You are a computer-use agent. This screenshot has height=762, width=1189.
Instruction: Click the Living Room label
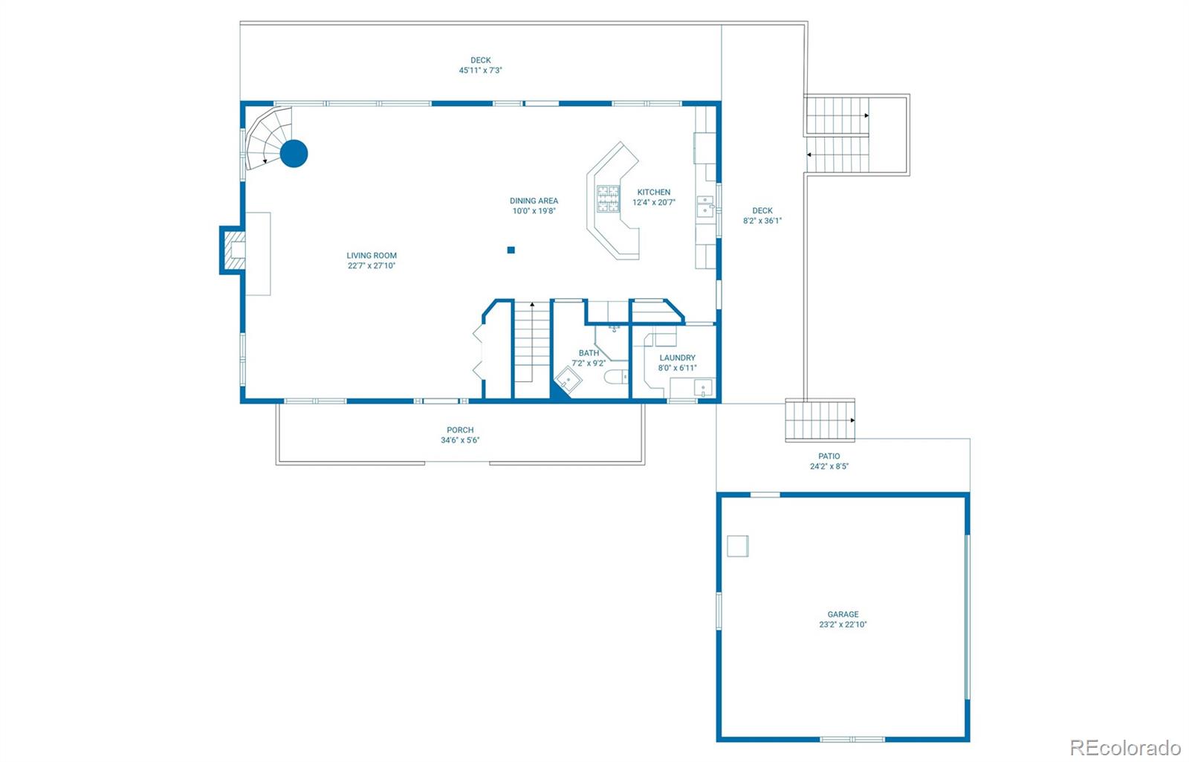[x=372, y=255]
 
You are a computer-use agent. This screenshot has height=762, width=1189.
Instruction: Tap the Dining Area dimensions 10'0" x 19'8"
[x=534, y=211]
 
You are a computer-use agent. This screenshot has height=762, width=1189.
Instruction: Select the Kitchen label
[x=653, y=192]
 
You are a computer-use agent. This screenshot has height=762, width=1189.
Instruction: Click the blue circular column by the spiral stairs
[x=294, y=153]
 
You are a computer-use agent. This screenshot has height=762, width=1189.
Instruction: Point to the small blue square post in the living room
[x=511, y=250]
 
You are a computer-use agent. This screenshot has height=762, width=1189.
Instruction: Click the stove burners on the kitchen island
[x=608, y=199]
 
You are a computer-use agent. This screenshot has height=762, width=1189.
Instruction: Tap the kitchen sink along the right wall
[x=704, y=206]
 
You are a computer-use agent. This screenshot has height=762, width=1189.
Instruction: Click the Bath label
[x=589, y=353]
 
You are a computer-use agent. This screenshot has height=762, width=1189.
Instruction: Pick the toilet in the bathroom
[x=614, y=377]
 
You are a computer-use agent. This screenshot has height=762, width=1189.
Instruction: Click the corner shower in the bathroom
[x=568, y=381]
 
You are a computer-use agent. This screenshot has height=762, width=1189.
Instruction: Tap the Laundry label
[x=677, y=358]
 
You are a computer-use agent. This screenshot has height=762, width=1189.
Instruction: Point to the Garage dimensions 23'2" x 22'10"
[x=843, y=624]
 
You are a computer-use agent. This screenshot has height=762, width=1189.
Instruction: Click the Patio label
[x=829, y=456]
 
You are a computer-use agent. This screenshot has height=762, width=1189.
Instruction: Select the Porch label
[x=460, y=430]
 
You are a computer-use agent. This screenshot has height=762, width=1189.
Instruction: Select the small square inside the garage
[x=737, y=546]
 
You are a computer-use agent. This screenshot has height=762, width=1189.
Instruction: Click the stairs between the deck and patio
[x=820, y=420]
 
